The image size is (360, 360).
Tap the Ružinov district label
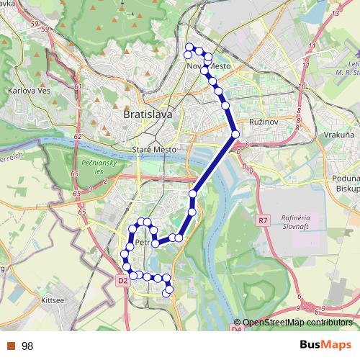[x=263, y=123]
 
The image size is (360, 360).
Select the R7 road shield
[x=262, y=220]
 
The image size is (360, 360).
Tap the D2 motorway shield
[x=122, y=280]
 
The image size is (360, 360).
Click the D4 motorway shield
[x=237, y=329]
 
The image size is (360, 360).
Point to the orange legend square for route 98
[x=11, y=346]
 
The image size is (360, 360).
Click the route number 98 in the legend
[x=27, y=346]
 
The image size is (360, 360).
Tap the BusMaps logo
[x=325, y=346]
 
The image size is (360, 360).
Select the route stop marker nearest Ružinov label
[x=235, y=133]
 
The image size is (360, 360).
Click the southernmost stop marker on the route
[x=168, y=292]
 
